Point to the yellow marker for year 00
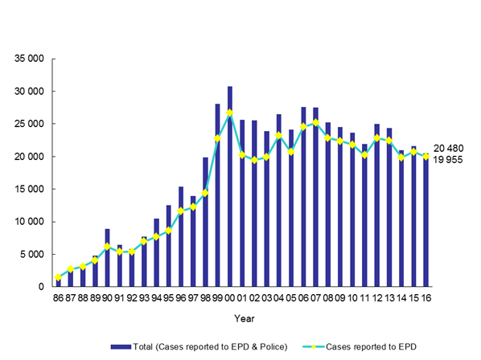229,112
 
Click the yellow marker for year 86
58,277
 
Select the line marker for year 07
315,123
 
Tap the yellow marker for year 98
205,193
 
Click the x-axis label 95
168,297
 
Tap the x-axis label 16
426,297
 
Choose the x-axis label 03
266,297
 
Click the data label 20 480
451,148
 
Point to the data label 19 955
451,159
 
